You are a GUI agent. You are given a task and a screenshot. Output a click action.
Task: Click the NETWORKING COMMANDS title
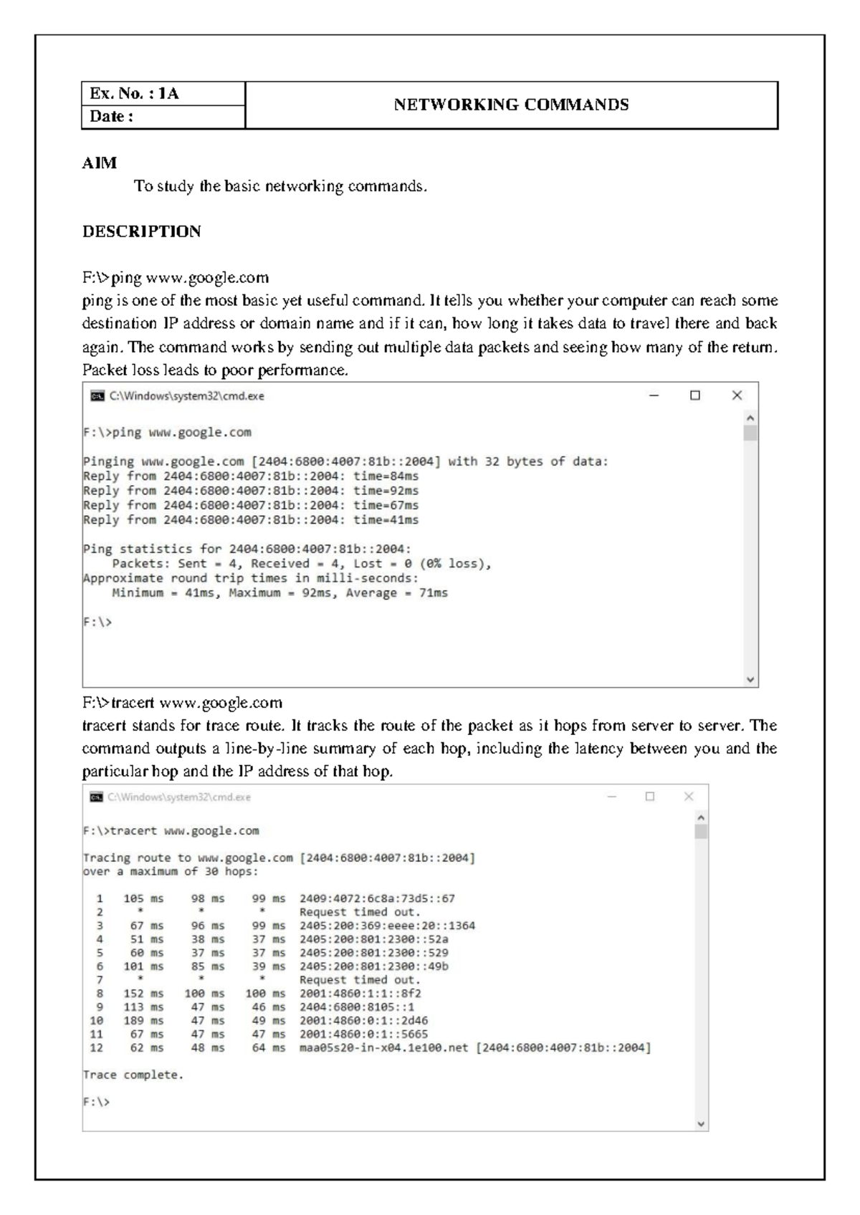pyautogui.click(x=511, y=105)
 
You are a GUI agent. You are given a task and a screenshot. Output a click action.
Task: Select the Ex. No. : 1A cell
pyautogui.click(x=134, y=94)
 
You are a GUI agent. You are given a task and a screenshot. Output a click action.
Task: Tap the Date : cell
pyautogui.click(x=111, y=117)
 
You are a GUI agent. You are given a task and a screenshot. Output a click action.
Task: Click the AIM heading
pyautogui.click(x=99, y=163)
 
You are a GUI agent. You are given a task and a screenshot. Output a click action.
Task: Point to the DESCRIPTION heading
pyautogui.click(x=141, y=231)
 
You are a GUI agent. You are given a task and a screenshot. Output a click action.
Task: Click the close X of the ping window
pyautogui.click(x=737, y=395)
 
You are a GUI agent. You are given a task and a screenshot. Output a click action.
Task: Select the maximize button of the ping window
pyautogui.click(x=694, y=395)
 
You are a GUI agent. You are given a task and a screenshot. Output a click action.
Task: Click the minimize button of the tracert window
pyautogui.click(x=611, y=797)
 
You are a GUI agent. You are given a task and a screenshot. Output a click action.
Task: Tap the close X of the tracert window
pyautogui.click(x=689, y=797)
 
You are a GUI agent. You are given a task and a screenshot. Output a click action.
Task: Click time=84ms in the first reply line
pyautogui.click(x=386, y=476)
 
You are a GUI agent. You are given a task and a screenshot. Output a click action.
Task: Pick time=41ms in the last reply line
pyautogui.click(x=386, y=520)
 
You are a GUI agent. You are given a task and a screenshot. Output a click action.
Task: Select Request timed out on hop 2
pyautogui.click(x=360, y=912)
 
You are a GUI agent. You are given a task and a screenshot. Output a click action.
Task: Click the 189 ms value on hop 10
pyautogui.click(x=143, y=1021)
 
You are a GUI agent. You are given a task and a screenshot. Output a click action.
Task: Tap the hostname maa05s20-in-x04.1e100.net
pyautogui.click(x=383, y=1048)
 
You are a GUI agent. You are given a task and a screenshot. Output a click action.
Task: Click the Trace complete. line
pyautogui.click(x=133, y=1075)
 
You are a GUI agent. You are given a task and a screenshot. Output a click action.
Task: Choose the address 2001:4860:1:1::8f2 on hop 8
pyautogui.click(x=360, y=994)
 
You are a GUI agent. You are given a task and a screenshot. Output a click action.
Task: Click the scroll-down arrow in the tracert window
pyautogui.click(x=701, y=1124)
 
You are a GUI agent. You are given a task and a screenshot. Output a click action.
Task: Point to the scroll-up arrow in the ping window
pyautogui.click(x=750, y=418)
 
